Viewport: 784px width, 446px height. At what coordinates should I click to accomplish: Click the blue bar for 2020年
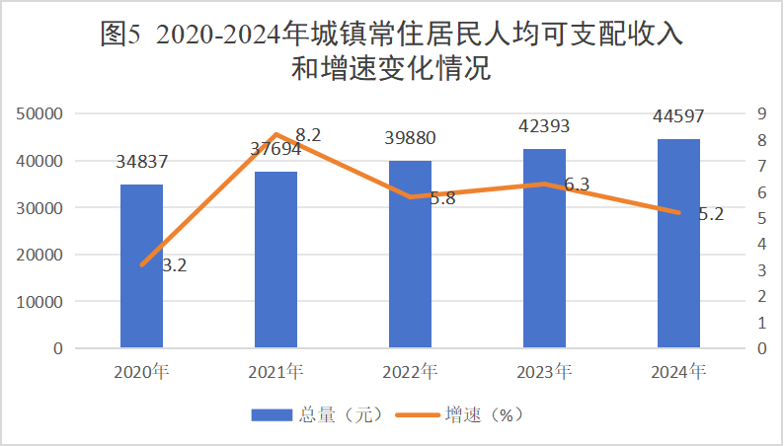pos(142,265)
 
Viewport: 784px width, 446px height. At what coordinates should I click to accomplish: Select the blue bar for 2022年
pos(410,254)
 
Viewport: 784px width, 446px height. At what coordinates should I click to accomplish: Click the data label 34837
pos(142,161)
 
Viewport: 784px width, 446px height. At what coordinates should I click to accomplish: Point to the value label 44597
pos(678,116)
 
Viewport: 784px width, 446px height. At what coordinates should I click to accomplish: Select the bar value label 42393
pos(544,126)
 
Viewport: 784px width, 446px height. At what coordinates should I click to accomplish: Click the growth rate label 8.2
pos(309,135)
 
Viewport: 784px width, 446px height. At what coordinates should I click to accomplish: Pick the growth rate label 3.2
pos(175,264)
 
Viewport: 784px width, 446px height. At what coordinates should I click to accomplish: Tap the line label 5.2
pos(710,214)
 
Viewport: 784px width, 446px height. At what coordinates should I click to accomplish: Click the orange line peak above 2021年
pos(276,134)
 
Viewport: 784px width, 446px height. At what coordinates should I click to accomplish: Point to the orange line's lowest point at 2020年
pos(142,264)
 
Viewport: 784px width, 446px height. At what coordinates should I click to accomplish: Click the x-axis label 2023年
pos(544,372)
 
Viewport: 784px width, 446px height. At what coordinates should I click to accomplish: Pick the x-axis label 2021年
pos(276,372)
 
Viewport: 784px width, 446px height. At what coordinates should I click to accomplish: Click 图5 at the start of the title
pos(122,37)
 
